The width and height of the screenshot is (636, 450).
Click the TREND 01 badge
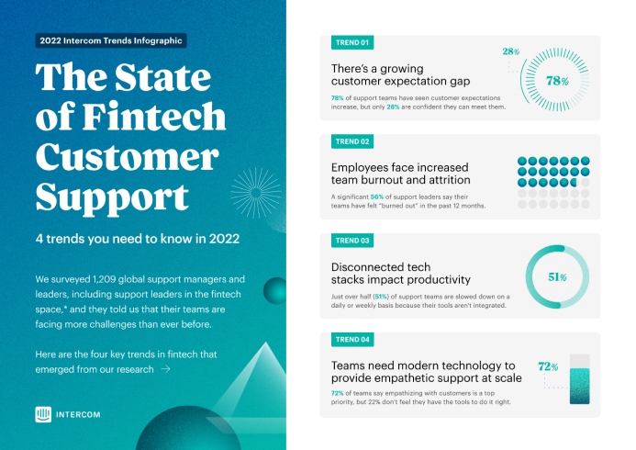[x=352, y=42]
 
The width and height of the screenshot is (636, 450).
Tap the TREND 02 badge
[x=352, y=141]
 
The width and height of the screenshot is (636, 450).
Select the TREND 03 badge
[x=352, y=241]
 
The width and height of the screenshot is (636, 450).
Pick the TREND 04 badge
[x=352, y=340]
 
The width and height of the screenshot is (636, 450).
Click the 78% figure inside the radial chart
[x=557, y=81]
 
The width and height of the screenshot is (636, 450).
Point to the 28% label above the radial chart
[x=511, y=51]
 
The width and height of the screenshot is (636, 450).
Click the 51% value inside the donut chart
[x=557, y=277]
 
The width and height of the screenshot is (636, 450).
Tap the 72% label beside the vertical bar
[x=548, y=366]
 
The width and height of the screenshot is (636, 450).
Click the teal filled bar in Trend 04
[x=580, y=387]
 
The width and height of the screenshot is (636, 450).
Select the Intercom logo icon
[x=43, y=414]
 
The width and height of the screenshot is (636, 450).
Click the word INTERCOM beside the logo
[x=78, y=415]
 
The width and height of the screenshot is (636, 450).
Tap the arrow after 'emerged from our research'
[x=165, y=369]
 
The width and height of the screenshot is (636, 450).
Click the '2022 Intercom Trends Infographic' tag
[x=111, y=40]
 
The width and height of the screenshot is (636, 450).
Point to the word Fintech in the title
[x=154, y=117]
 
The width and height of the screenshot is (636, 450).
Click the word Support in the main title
[x=112, y=197]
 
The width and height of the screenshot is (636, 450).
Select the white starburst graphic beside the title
[x=256, y=193]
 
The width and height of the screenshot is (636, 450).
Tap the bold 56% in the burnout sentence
[x=377, y=197]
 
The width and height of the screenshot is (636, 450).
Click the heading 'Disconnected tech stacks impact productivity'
[x=401, y=274]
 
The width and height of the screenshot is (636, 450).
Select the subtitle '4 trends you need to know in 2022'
[x=138, y=239]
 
